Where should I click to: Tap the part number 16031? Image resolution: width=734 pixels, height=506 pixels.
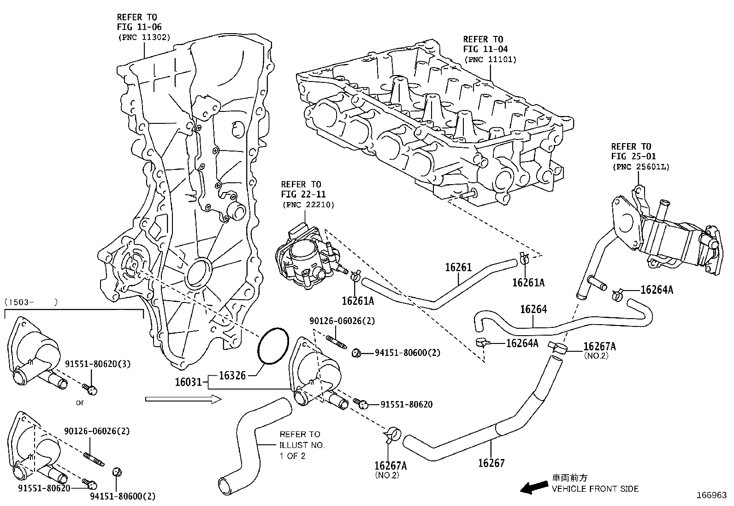(x=188, y=382)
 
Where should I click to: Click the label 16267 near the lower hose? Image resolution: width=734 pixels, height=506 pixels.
(x=491, y=463)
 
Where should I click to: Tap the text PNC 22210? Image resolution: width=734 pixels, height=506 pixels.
(x=308, y=204)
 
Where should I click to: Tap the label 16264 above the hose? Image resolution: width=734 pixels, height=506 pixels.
(x=533, y=309)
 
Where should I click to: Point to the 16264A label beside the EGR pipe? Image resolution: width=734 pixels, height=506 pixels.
(x=657, y=290)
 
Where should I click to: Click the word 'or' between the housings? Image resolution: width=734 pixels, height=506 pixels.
(x=80, y=402)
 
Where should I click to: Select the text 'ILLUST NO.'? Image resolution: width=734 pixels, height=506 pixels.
(x=302, y=445)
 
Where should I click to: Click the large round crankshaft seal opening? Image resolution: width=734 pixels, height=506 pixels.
(x=199, y=273)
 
